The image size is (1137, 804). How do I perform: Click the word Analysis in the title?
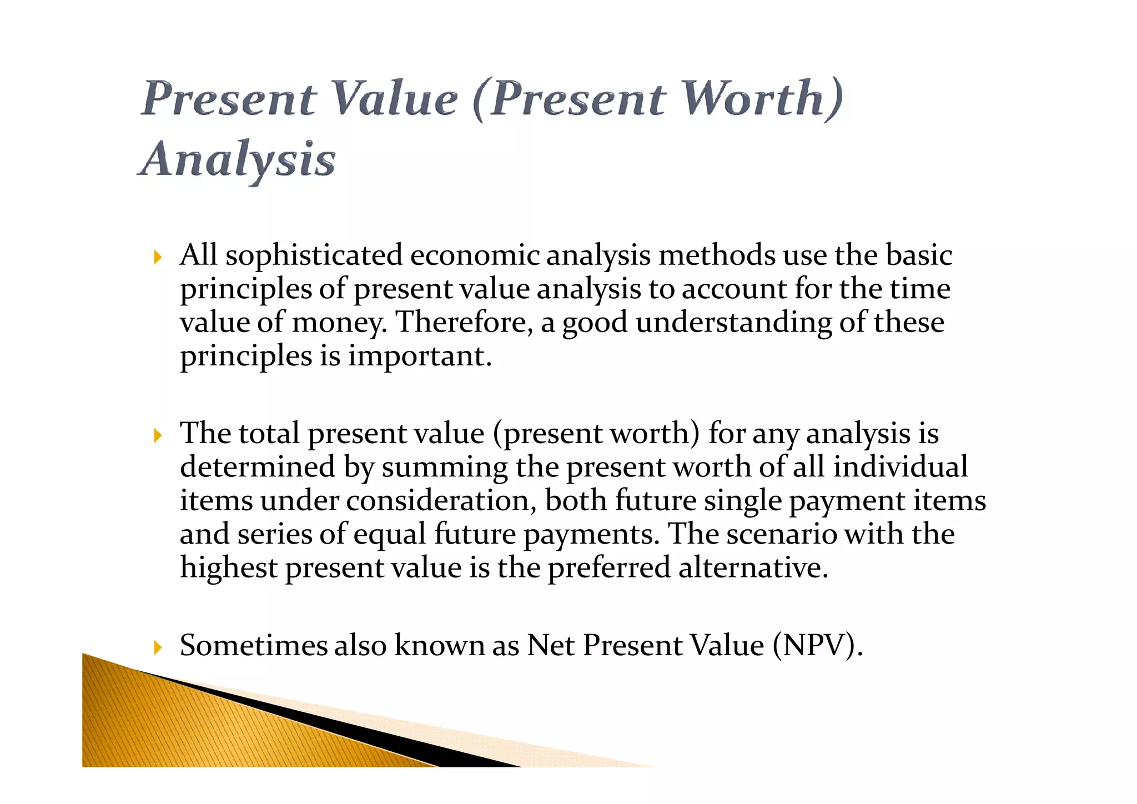[x=237, y=160]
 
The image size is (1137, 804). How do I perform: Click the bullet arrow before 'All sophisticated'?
[x=158, y=257]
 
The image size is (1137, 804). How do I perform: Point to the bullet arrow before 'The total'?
[x=158, y=435]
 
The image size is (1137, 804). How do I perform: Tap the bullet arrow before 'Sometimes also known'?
[x=158, y=647]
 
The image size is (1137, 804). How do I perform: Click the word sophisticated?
[x=314, y=256]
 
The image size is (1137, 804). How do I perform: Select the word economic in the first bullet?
[x=474, y=256]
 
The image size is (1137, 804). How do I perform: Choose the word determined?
[x=258, y=467]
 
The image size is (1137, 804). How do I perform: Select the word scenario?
[x=781, y=534]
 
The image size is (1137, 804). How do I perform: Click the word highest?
[x=229, y=568]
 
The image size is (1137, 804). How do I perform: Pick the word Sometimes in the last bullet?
[x=254, y=646]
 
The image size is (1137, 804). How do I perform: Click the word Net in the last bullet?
[x=550, y=646]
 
